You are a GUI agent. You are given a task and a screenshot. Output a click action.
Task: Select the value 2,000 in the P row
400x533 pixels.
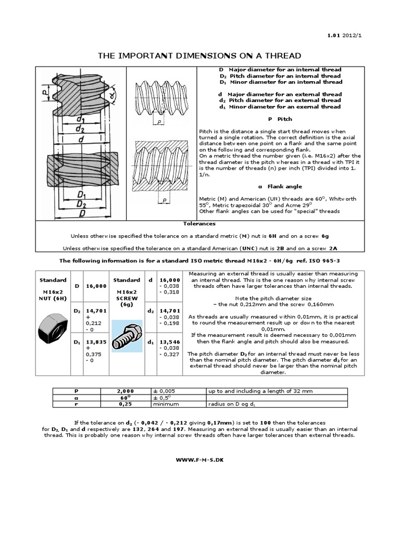coord(126,390)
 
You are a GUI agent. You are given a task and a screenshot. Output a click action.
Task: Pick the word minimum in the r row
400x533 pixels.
coord(166,403)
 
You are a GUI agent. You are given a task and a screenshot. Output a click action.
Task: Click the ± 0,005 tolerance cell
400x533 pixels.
coord(167,390)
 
